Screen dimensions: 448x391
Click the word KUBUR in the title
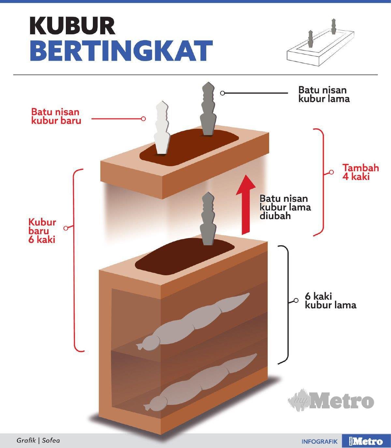[x=72, y=25]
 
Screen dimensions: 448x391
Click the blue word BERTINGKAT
[x=121, y=51]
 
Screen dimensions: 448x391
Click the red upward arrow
[x=246, y=204]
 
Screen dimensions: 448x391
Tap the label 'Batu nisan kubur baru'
[x=55, y=116]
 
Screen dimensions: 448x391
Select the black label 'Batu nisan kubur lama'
[x=324, y=94]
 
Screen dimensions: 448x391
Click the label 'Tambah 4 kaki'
[x=360, y=172]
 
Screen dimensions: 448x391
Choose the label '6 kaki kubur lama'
[x=330, y=301]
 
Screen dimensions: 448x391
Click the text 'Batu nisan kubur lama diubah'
[x=285, y=207]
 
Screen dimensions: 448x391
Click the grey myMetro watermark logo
[x=331, y=400]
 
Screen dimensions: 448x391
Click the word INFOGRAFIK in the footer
[x=319, y=441]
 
